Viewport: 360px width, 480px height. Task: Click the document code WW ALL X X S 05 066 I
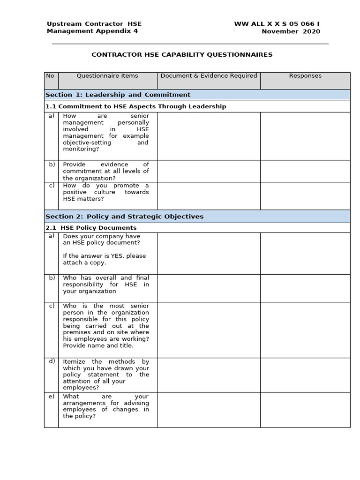pyautogui.click(x=277, y=24)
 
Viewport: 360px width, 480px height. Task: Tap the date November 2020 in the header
pyautogui.click(x=291, y=31)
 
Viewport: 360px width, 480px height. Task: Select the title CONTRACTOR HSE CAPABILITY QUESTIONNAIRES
pyautogui.click(x=182, y=55)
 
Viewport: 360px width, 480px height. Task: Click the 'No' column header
pyautogui.click(x=50, y=76)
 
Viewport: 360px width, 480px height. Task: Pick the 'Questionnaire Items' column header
pyautogui.click(x=107, y=76)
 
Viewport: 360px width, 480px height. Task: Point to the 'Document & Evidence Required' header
pyautogui.click(x=209, y=76)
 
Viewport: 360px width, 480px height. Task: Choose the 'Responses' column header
pyautogui.click(x=305, y=76)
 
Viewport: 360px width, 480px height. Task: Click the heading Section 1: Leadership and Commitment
pyautogui.click(x=118, y=95)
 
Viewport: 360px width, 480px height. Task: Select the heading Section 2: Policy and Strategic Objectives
pyautogui.click(x=125, y=217)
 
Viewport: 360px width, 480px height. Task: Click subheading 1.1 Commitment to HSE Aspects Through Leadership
pyautogui.click(x=136, y=106)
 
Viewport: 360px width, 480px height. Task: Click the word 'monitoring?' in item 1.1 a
pyautogui.click(x=81, y=149)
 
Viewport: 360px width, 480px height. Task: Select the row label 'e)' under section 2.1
pyautogui.click(x=52, y=397)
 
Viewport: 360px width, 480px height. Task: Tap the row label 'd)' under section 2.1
pyautogui.click(x=52, y=361)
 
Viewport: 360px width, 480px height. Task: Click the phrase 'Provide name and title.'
pyautogui.click(x=98, y=345)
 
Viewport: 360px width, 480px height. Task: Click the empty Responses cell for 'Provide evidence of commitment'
pyautogui.click(x=305, y=172)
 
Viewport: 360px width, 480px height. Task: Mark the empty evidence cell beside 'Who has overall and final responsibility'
pyautogui.click(x=209, y=288)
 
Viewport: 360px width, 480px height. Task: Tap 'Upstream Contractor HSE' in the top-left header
pyautogui.click(x=94, y=24)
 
